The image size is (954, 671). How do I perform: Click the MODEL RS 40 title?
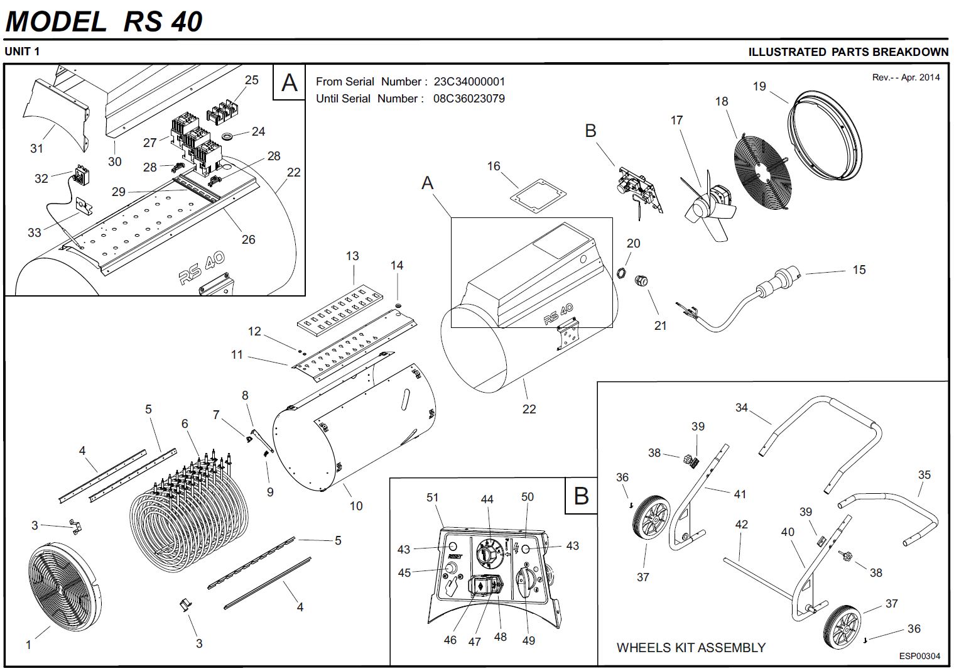[x=104, y=21]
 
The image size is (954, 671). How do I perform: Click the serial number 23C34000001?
[x=469, y=82]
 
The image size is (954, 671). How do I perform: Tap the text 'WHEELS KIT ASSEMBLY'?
[x=691, y=647]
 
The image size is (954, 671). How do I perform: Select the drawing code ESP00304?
[x=919, y=656]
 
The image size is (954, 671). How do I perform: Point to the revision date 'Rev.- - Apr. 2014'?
[x=906, y=77]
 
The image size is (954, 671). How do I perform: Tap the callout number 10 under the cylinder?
[x=356, y=506]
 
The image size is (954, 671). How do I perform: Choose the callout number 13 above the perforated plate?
[x=352, y=256]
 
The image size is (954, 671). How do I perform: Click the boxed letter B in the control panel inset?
[x=581, y=496]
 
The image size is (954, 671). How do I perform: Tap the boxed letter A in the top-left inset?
[x=289, y=82]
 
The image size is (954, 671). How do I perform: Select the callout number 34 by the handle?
[x=742, y=408]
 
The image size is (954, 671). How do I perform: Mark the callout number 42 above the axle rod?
[x=742, y=524]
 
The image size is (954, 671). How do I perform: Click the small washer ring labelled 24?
[x=228, y=136]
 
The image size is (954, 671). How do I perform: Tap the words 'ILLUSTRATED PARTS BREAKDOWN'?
[x=848, y=52]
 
